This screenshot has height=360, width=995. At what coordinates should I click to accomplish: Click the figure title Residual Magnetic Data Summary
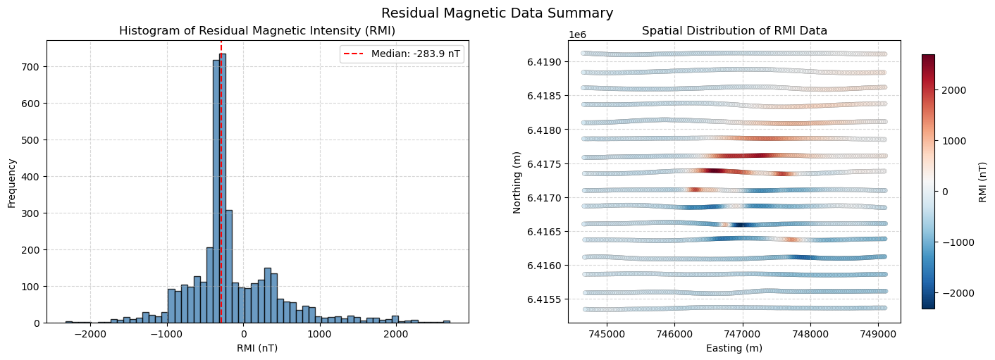pyautogui.click(x=497, y=13)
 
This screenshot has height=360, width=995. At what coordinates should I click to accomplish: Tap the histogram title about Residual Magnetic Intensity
pyautogui.click(x=257, y=31)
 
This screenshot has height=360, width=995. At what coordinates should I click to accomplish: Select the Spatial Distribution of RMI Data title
pyautogui.click(x=734, y=31)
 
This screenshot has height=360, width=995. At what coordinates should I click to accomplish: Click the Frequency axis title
pyautogui.click(x=11, y=182)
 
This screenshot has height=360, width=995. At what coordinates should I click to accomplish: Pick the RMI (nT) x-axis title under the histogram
pyautogui.click(x=257, y=348)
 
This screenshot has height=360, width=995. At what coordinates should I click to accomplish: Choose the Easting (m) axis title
pyautogui.click(x=734, y=348)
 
